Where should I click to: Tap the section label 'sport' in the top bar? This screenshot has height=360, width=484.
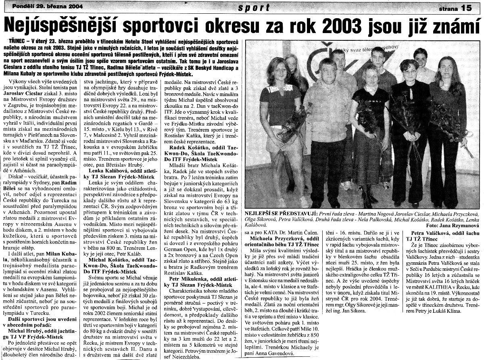pos(254,7)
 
